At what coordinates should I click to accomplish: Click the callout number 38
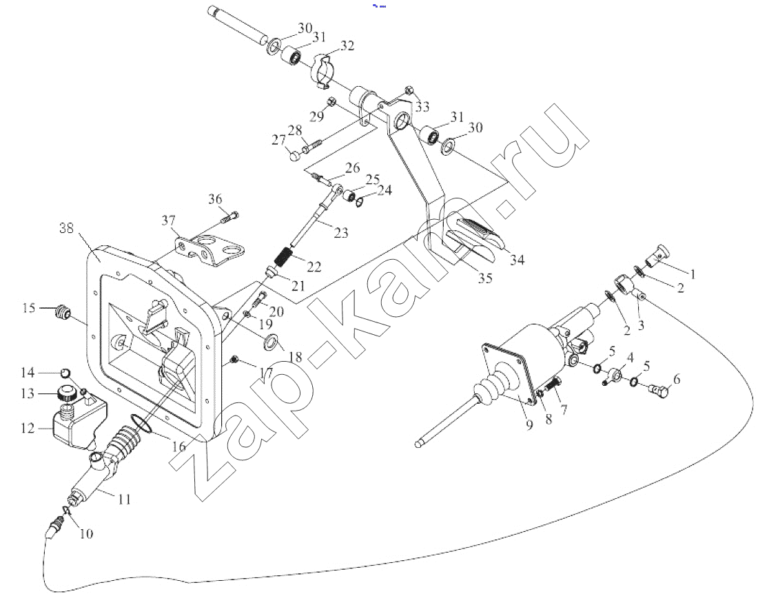click(66, 227)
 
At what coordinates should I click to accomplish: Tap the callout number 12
click(28, 428)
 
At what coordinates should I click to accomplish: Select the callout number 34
click(517, 260)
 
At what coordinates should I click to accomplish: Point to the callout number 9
click(529, 425)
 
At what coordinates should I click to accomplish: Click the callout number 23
click(341, 233)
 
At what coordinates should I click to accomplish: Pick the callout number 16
click(178, 446)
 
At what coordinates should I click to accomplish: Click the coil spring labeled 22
click(283, 256)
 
